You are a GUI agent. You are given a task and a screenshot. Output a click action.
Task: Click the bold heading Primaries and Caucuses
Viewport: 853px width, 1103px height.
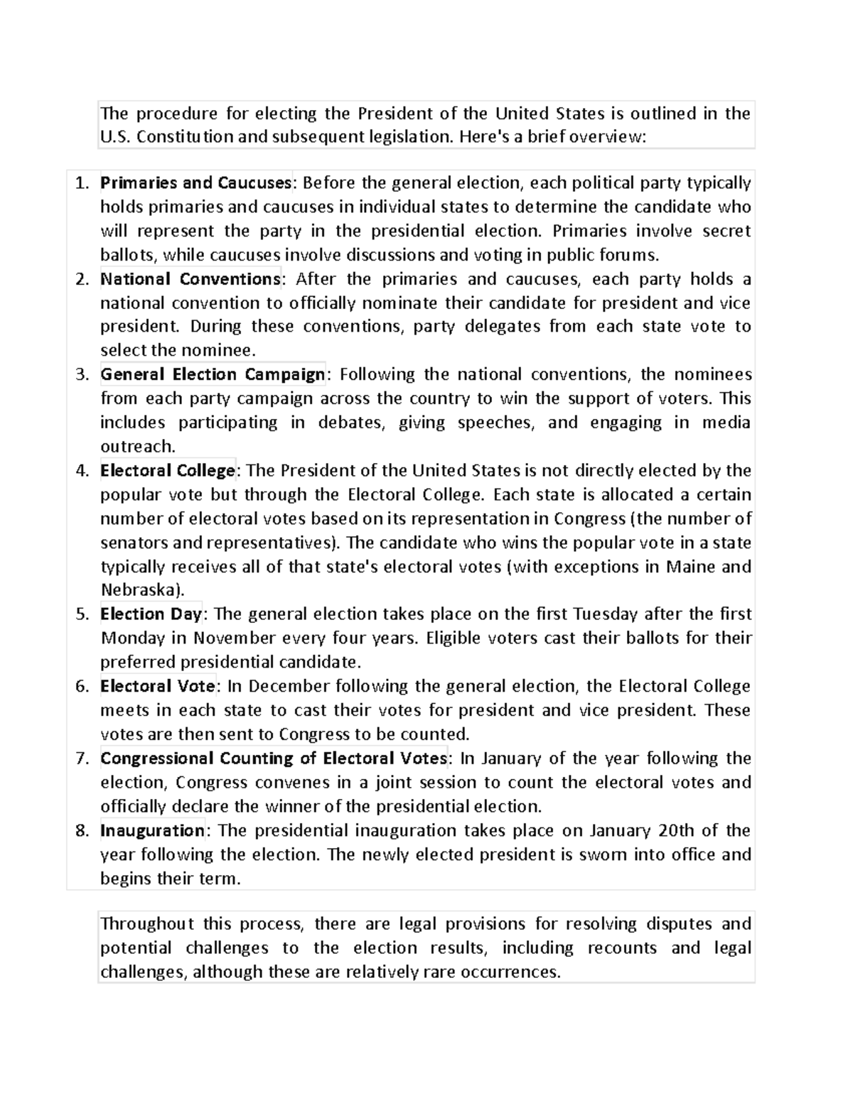click(x=195, y=183)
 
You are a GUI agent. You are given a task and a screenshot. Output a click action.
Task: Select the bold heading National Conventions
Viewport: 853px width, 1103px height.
click(x=191, y=279)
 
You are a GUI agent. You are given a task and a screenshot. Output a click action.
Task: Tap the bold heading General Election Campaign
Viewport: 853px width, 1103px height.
click(x=213, y=374)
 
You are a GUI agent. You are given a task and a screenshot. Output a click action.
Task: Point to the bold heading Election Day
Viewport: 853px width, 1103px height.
click(x=151, y=614)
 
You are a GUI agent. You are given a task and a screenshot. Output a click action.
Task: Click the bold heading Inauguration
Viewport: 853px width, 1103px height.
click(x=153, y=830)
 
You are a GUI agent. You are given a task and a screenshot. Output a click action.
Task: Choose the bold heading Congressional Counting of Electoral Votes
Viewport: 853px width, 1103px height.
click(x=274, y=759)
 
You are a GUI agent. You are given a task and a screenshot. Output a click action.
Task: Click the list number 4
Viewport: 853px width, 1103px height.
click(x=82, y=471)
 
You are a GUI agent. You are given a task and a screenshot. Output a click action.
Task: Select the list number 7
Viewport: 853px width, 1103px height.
click(x=82, y=759)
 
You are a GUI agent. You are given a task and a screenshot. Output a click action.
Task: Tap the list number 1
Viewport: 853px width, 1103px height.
click(x=82, y=183)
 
